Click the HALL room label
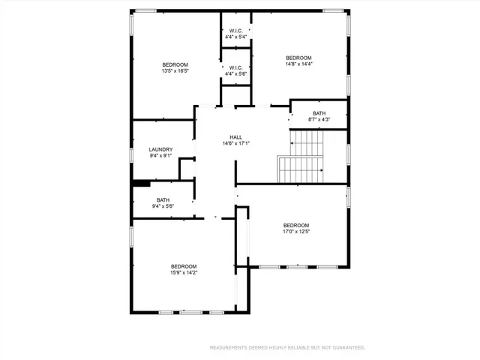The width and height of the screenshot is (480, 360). [235, 137]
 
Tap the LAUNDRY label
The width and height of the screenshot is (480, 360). [161, 149]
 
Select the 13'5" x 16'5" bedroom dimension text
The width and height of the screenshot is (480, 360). [174, 72]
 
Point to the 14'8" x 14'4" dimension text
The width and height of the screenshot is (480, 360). [298, 64]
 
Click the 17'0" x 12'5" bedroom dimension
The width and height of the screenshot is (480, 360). [295, 232]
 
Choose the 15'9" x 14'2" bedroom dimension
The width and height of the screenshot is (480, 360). [184, 273]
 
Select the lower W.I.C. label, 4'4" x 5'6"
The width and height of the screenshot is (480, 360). [235, 74]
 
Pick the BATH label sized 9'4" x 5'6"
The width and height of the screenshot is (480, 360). [163, 206]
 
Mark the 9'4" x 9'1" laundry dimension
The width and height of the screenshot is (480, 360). [161, 156]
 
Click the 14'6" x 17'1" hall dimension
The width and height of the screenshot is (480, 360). [235, 143]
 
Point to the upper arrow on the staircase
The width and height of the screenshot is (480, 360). [293, 139]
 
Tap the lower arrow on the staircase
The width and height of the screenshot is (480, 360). [320, 171]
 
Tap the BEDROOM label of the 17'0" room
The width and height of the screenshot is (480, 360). [295, 225]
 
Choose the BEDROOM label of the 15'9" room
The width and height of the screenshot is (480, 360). [184, 266]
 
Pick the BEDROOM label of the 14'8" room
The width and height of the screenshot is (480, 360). [298, 58]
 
